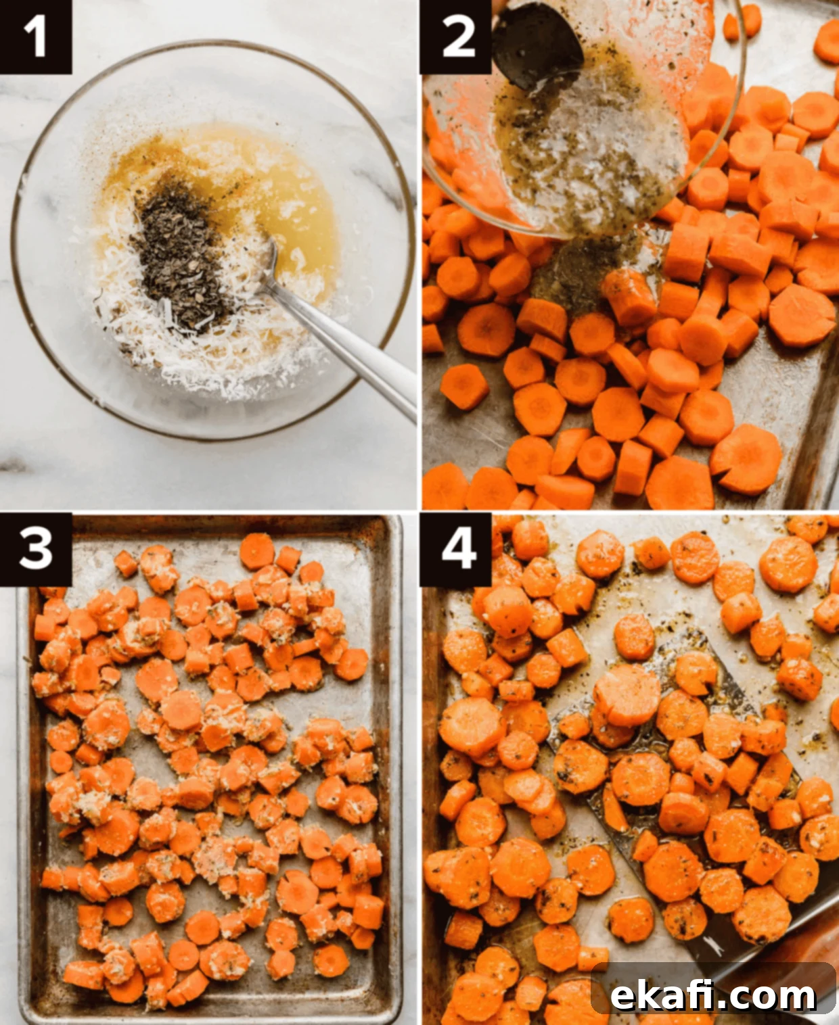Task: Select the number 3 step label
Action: tap(35, 549)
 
